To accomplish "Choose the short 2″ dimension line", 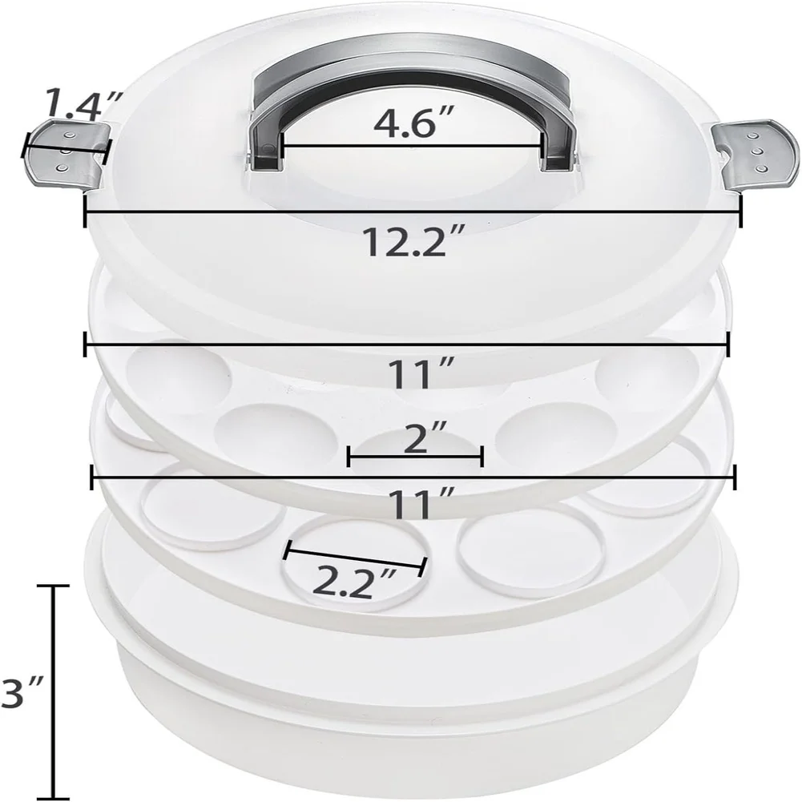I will pos(414,457).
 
